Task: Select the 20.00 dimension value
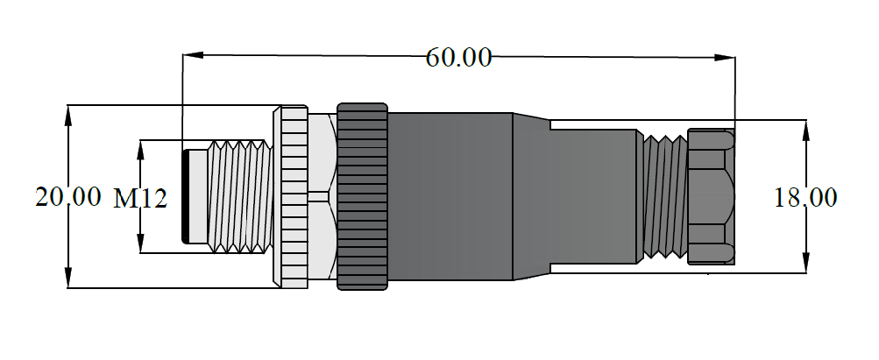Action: pos(67,197)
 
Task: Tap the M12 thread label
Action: pos(140,199)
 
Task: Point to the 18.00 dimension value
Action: pos(805,198)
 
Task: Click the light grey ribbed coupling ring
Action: pos(292,196)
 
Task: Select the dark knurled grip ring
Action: pos(362,196)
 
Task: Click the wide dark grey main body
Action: pos(451,196)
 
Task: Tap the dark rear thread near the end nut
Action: pos(663,196)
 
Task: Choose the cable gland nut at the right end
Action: pos(711,196)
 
